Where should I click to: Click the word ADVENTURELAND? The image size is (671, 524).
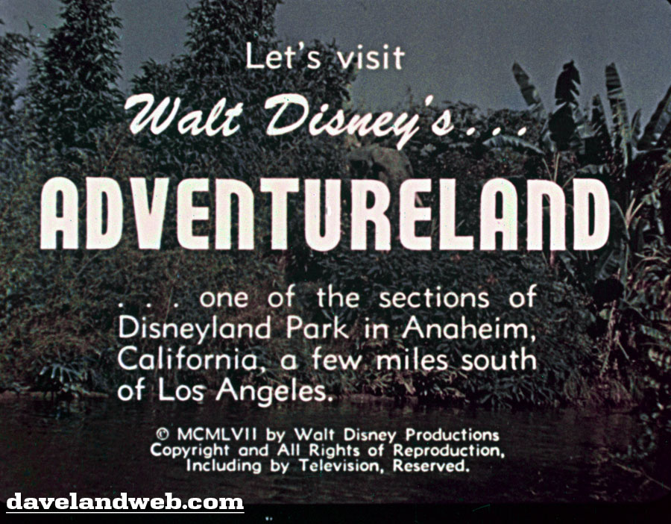click(x=325, y=213)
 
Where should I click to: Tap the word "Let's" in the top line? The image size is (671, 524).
click(x=283, y=57)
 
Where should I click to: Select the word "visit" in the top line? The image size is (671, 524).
click(x=371, y=57)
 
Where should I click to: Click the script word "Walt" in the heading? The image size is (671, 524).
click(x=184, y=115)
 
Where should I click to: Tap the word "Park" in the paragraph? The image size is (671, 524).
click(x=317, y=328)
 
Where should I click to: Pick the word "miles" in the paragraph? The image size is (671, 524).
click(x=412, y=360)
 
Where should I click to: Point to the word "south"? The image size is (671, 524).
click(x=499, y=361)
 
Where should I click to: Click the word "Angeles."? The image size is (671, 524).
click(x=274, y=392)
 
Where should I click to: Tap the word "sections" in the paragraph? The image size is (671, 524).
click(x=434, y=297)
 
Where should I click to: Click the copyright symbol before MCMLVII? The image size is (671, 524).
click(x=163, y=434)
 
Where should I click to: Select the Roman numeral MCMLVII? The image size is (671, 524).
click(x=217, y=434)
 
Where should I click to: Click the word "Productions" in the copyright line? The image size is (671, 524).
click(x=453, y=434)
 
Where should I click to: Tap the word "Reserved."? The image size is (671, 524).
click(x=431, y=466)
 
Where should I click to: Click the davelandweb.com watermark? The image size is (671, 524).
click(x=125, y=502)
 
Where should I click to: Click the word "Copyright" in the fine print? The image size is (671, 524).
click(x=189, y=451)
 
